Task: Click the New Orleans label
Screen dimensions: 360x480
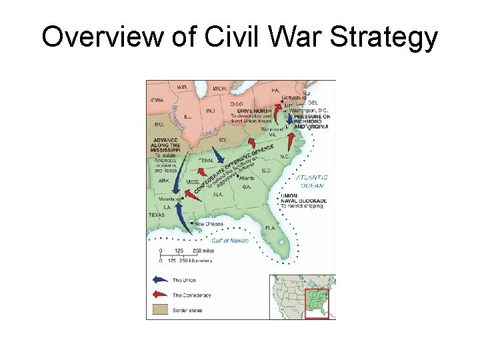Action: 209,224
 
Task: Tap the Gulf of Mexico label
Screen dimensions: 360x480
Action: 230,240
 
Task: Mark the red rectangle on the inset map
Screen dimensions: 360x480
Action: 317,303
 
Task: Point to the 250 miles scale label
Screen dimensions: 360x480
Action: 203,251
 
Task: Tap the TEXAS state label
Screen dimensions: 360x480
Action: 157,215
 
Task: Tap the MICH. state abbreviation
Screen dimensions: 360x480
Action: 221,88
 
